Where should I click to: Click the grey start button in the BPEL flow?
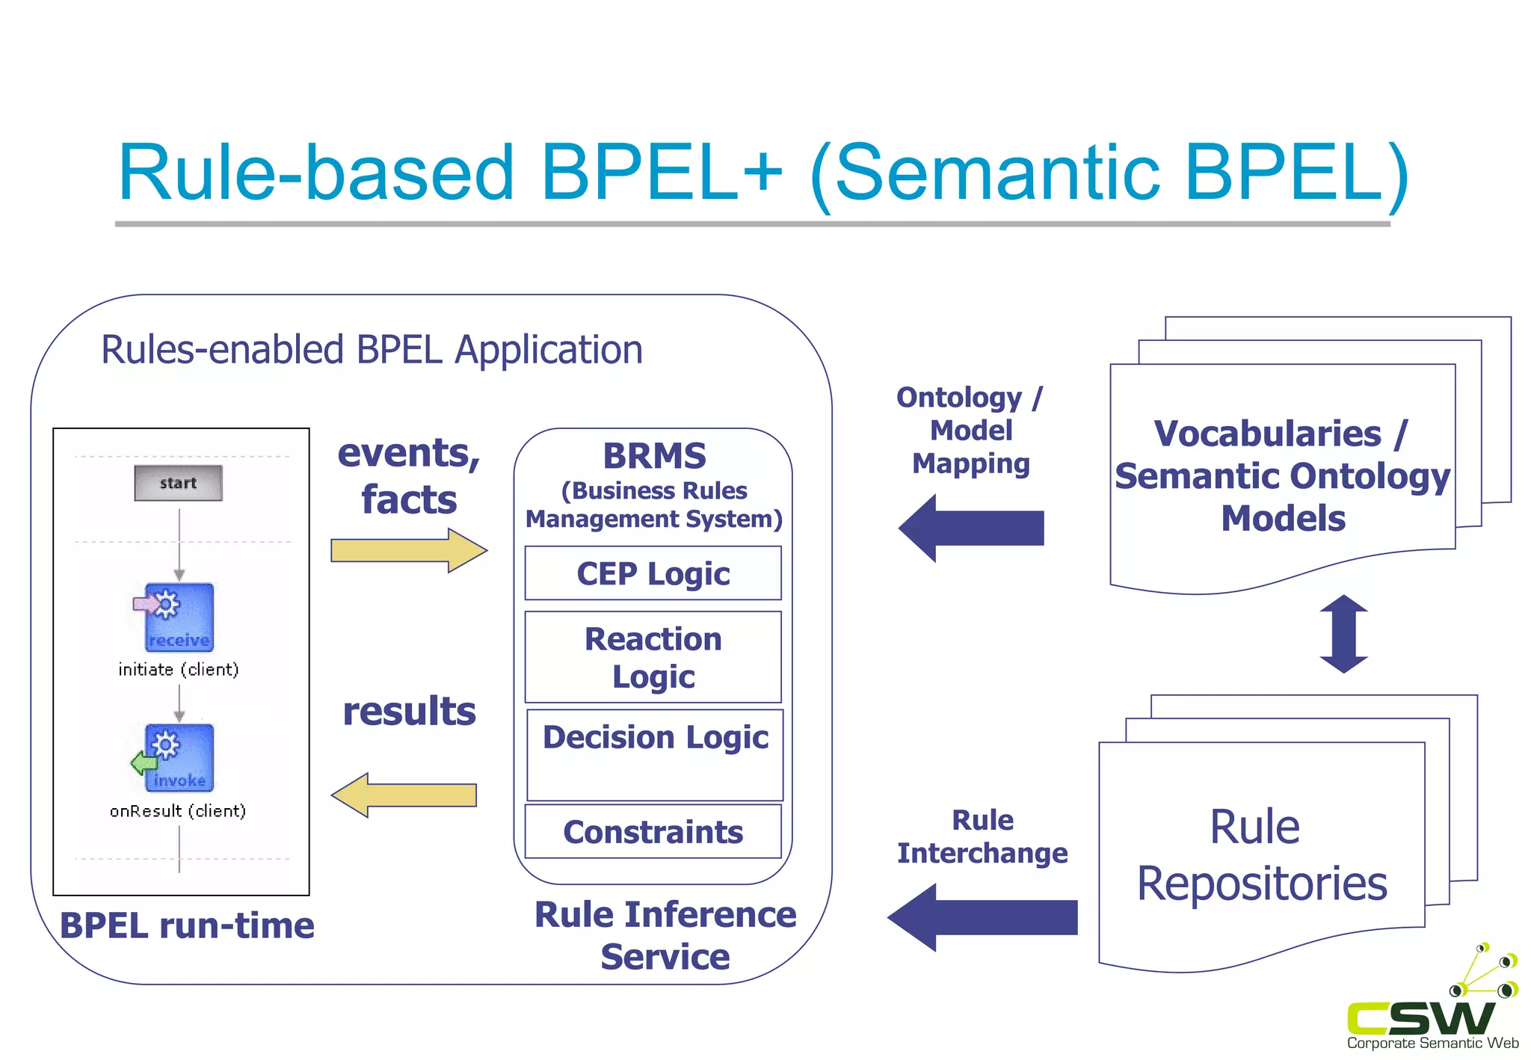[178, 483]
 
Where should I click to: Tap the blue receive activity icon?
[178, 617]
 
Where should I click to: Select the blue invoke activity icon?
[178, 758]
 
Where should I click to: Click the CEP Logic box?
[653, 573]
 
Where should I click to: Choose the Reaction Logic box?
[653, 657]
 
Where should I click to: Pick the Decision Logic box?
[655, 755]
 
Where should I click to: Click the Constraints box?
[653, 831]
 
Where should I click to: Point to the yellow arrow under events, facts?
[408, 551]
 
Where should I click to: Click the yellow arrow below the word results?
[404, 795]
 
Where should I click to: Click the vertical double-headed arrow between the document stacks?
[1343, 634]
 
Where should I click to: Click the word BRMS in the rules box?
[654, 456]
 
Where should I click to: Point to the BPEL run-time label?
[187, 925]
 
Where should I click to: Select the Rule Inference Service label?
[665, 935]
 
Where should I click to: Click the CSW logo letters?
[1420, 1018]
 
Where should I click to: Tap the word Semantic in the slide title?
[996, 173]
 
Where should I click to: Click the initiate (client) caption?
[179, 669]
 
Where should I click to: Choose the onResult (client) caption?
[178, 811]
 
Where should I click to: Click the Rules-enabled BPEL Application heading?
[372, 350]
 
